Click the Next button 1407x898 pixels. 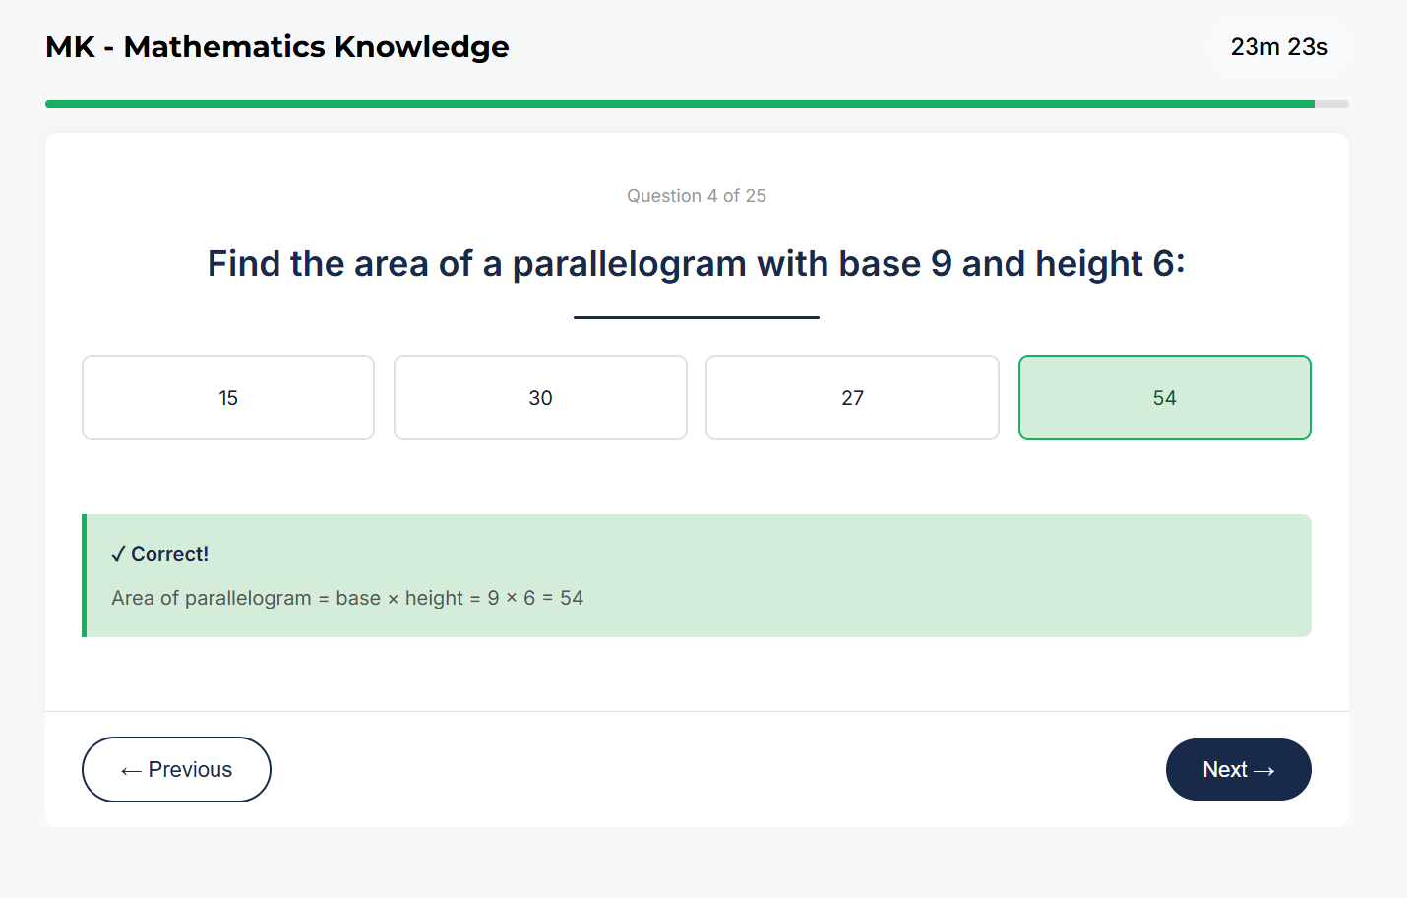(1238, 769)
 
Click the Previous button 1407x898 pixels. (176, 769)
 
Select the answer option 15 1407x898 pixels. (228, 398)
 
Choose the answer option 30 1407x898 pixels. (540, 398)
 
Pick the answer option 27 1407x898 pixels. (852, 398)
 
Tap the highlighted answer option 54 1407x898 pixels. (1164, 398)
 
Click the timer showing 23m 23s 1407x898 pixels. (1279, 47)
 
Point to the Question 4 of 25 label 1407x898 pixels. (697, 196)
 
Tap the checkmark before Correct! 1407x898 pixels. (118, 555)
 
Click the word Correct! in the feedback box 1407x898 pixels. (170, 554)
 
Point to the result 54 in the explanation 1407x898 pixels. (572, 598)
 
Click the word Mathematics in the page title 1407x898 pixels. (224, 47)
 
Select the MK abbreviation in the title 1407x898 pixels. (70, 47)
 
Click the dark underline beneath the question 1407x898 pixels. (697, 317)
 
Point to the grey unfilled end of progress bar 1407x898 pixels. (1331, 104)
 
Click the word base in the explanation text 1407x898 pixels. (358, 598)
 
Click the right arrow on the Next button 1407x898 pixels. (1264, 771)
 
